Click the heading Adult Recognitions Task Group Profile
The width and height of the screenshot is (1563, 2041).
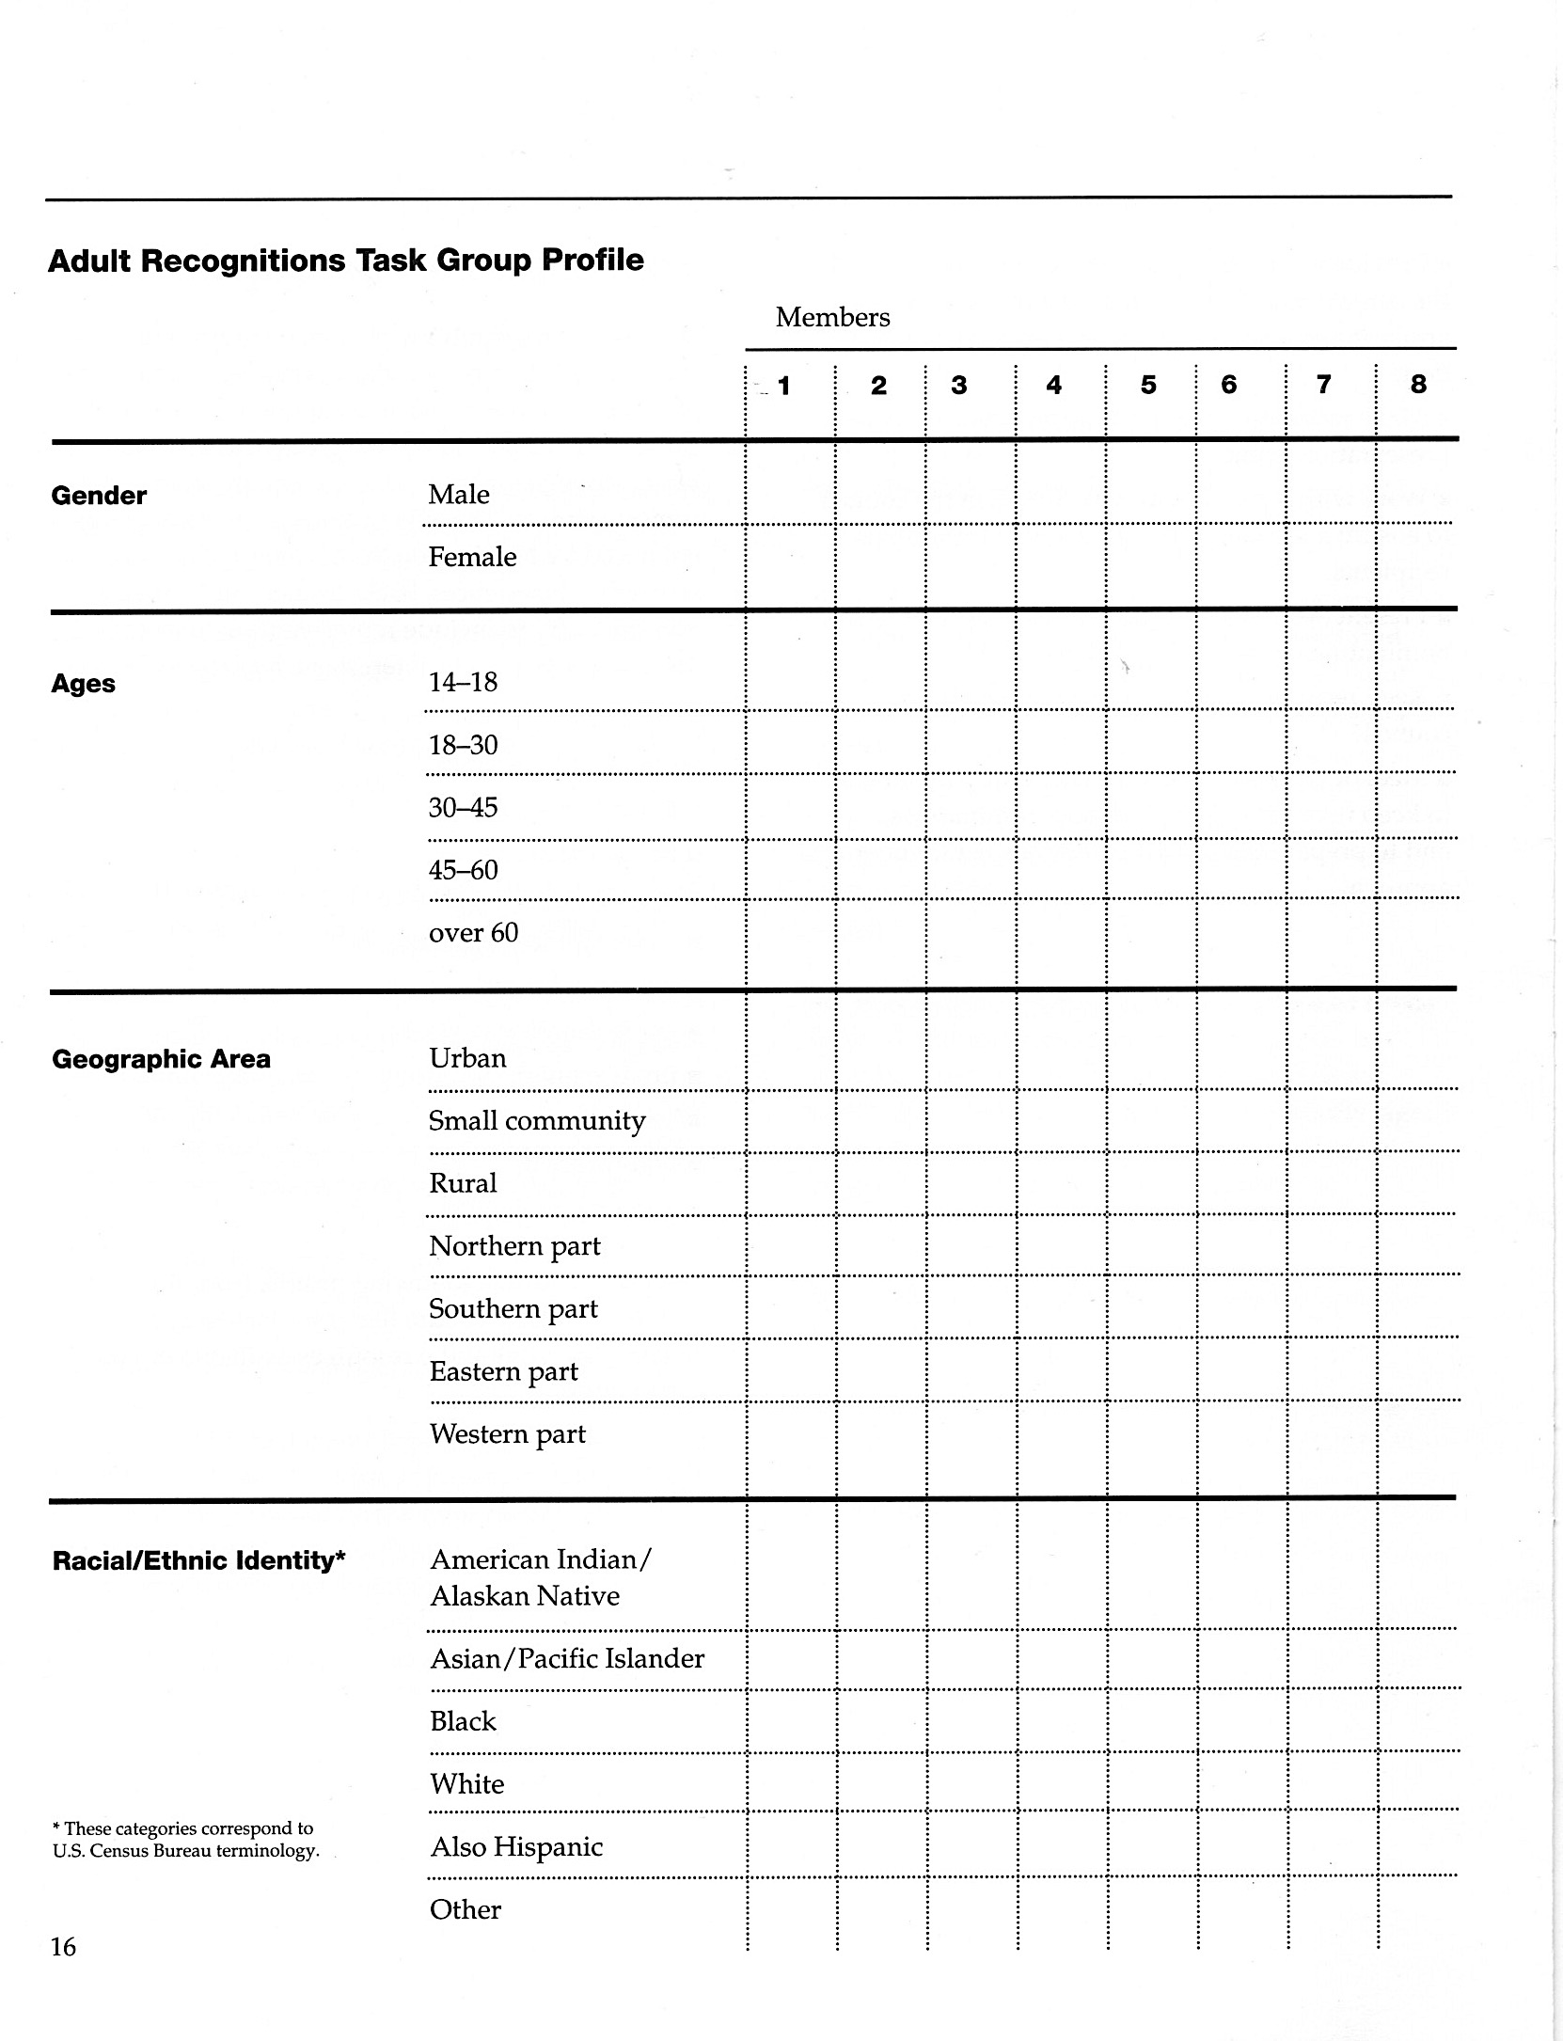pos(345,261)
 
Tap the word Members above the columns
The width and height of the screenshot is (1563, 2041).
pos(832,318)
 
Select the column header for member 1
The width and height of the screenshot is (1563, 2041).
pos(783,386)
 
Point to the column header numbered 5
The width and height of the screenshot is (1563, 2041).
pos(1148,385)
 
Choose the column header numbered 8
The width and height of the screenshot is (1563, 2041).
pos(1418,384)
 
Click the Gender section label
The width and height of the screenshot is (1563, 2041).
pos(99,496)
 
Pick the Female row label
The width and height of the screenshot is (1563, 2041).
pos(472,557)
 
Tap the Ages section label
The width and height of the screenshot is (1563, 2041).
pos(83,684)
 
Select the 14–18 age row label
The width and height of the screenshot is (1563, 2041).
pos(463,682)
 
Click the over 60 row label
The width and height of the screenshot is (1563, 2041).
pos(473,932)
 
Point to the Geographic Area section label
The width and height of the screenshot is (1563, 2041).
pos(161,1059)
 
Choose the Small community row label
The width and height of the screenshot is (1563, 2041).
pos(537,1120)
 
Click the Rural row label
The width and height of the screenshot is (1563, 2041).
pos(463,1183)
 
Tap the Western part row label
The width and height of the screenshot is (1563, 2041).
pos(507,1433)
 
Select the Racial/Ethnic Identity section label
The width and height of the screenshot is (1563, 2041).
pos(199,1560)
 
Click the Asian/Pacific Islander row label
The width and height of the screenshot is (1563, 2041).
pos(567,1658)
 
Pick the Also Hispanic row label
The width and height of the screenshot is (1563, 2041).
pos(516,1846)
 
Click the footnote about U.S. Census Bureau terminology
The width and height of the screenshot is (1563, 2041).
pos(185,1840)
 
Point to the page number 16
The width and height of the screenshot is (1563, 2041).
pos(63,1946)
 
